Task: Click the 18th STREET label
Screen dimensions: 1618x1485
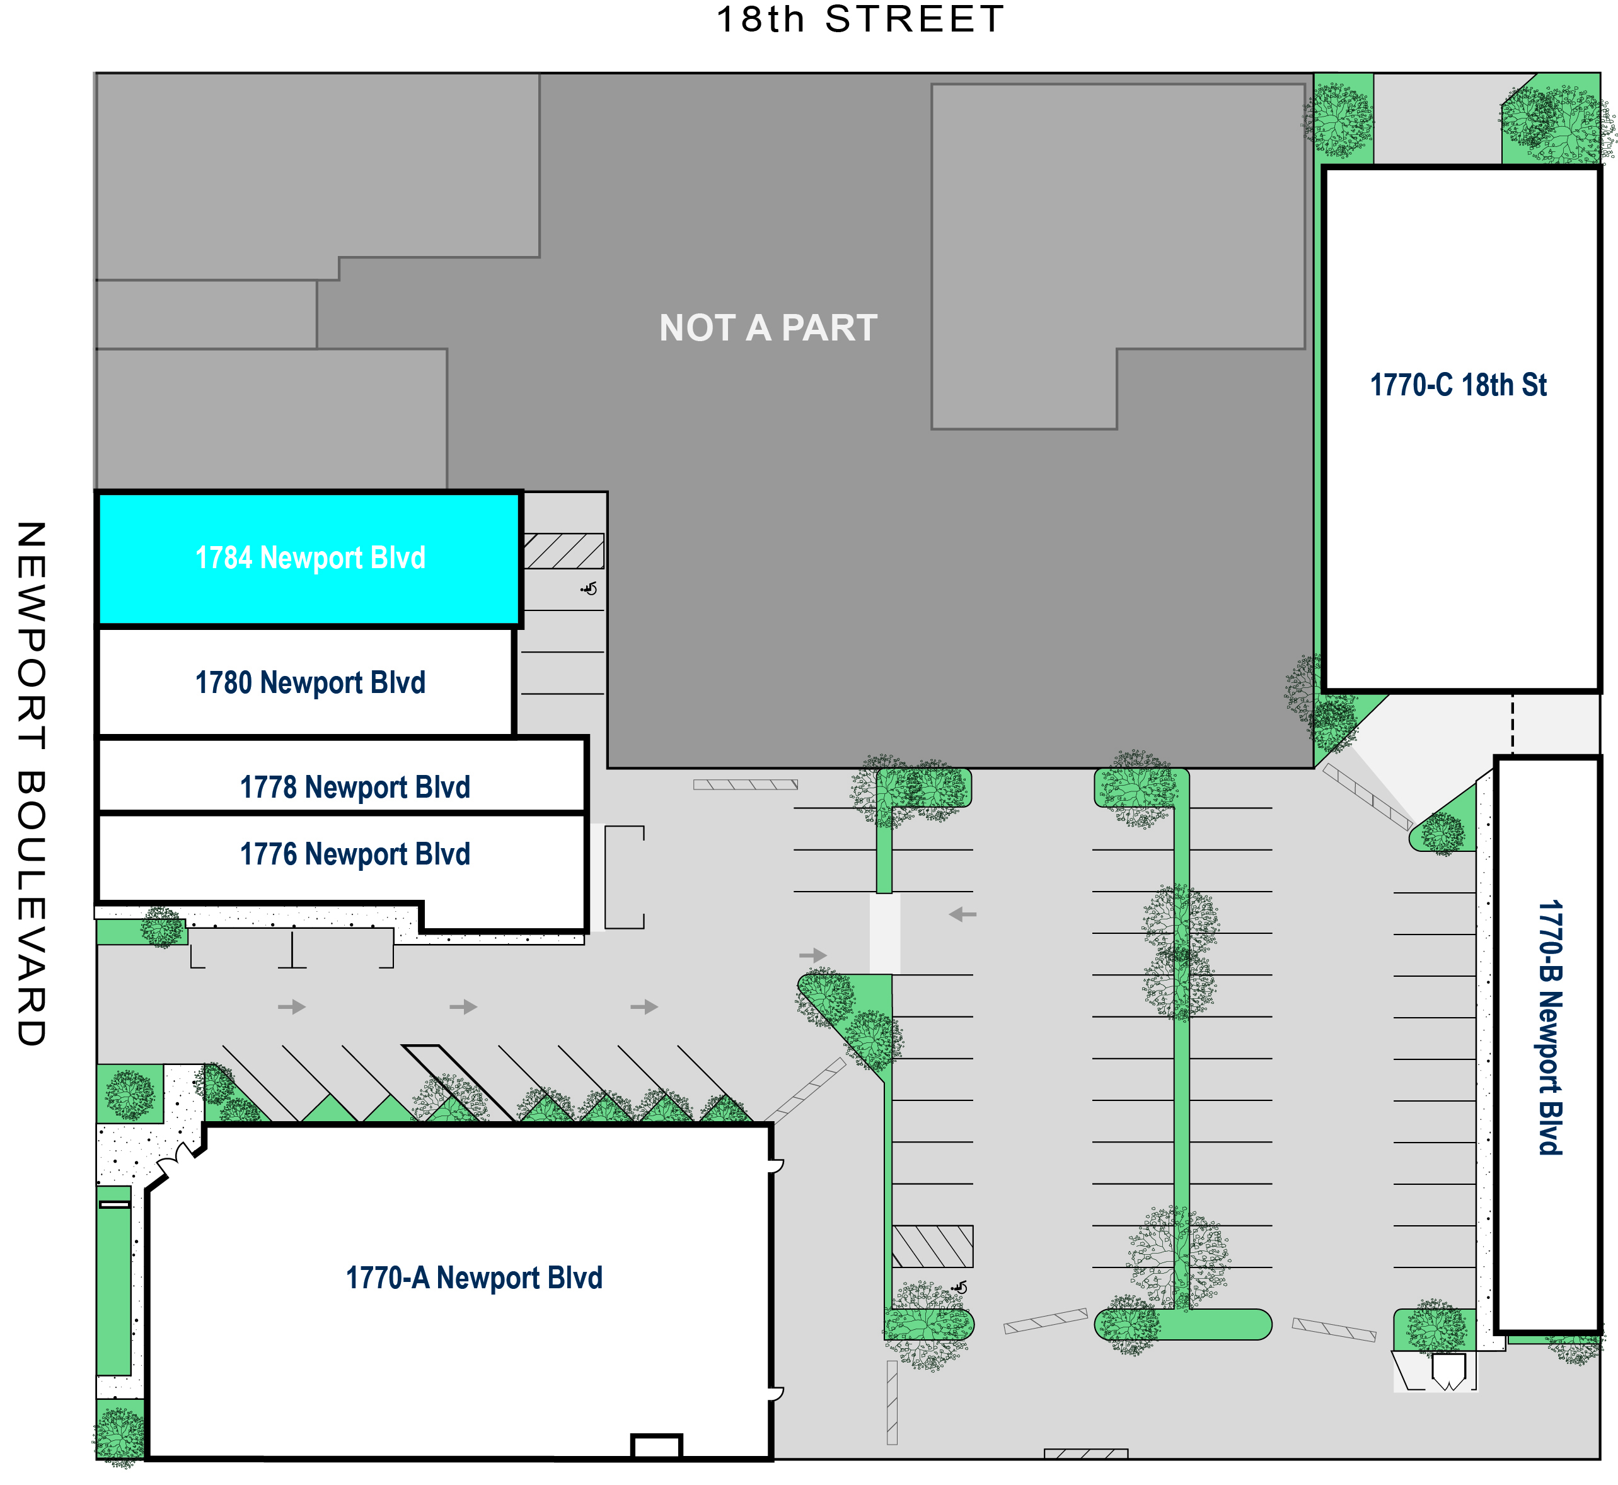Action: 860,20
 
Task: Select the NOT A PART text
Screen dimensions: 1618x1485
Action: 768,328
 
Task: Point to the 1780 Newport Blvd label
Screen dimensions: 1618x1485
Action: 310,683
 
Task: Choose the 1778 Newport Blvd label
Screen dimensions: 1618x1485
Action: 355,788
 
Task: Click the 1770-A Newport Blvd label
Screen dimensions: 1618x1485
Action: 474,1278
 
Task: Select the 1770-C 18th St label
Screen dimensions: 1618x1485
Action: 1458,385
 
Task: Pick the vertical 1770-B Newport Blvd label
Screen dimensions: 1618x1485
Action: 1550,1028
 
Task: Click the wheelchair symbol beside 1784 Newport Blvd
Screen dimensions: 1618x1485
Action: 590,589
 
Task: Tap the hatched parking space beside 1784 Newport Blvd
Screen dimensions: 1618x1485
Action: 564,551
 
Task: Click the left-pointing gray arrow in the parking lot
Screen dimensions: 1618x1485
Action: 962,914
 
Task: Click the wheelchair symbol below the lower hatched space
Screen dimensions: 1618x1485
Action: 959,1288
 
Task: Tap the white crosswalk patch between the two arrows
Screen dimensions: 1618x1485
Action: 884,933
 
